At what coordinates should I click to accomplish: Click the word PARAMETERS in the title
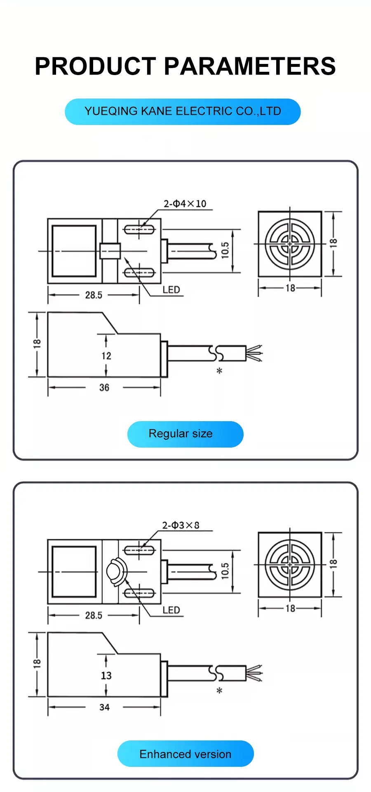click(x=250, y=66)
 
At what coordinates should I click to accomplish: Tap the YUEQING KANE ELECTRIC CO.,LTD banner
click(x=183, y=111)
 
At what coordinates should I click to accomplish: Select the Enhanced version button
click(x=185, y=754)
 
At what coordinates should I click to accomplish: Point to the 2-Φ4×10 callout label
click(x=185, y=204)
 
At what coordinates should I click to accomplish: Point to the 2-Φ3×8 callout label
click(x=181, y=525)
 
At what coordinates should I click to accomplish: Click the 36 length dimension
click(x=104, y=387)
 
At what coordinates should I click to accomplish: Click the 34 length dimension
click(x=104, y=707)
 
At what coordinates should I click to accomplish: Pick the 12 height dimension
click(x=106, y=356)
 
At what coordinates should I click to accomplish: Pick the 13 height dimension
click(x=106, y=675)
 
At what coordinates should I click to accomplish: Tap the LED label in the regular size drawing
click(x=171, y=290)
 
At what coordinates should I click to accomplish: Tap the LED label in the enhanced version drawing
click(x=171, y=610)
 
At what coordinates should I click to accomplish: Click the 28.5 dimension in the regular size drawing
click(x=94, y=295)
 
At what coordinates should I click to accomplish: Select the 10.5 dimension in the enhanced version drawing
click(x=225, y=571)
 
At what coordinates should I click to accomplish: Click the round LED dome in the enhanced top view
click(x=114, y=571)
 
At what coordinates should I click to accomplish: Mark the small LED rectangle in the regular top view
click(x=110, y=251)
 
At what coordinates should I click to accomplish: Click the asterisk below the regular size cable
click(x=219, y=371)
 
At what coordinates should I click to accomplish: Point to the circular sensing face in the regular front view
click(x=290, y=244)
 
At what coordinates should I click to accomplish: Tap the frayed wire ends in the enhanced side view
click(x=255, y=673)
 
